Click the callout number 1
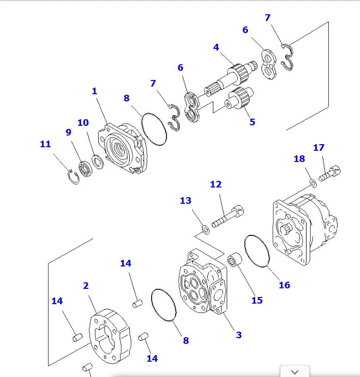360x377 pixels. (94, 91)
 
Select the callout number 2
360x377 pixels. (86, 286)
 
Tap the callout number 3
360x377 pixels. (238, 335)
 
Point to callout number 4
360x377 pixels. (216, 47)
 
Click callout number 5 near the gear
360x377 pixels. (252, 122)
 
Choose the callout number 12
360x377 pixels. (216, 184)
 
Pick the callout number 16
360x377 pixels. (284, 285)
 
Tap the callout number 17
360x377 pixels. (319, 148)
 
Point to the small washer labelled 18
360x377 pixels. (313, 182)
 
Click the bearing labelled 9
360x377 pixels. (85, 169)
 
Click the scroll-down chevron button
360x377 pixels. (294, 371)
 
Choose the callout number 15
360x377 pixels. (257, 300)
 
